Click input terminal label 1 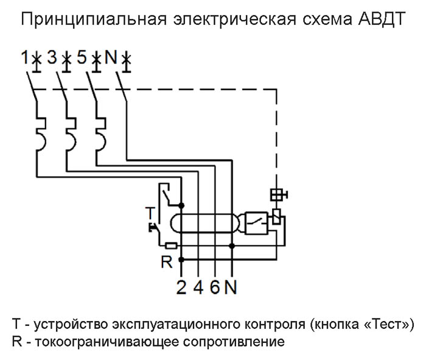[x=24, y=58]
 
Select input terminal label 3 [x=52, y=58]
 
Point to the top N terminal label [x=110, y=58]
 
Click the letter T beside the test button [x=150, y=212]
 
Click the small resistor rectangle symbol [x=172, y=246]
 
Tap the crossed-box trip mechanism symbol [x=277, y=195]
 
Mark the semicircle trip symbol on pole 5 [x=99, y=139]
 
